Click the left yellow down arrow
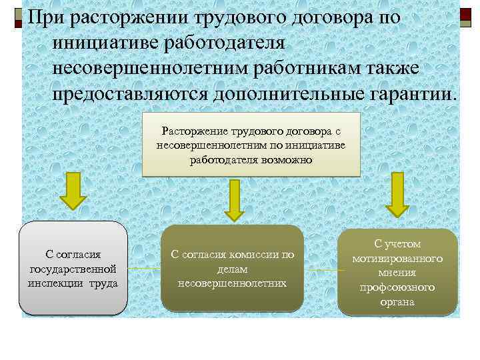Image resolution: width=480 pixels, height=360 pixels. (x=74, y=193)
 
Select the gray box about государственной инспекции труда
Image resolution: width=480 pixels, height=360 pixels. (x=73, y=268)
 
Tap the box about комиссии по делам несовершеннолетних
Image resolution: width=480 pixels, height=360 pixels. (x=233, y=269)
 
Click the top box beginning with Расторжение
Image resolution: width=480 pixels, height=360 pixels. (x=251, y=144)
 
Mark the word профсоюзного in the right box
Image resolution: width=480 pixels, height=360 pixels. (x=397, y=287)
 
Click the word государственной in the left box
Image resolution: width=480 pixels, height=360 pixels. (x=73, y=268)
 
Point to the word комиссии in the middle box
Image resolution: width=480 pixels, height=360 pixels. (x=256, y=254)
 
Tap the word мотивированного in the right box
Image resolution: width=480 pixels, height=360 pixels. (x=397, y=258)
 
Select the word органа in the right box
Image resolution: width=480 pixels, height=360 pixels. (x=397, y=302)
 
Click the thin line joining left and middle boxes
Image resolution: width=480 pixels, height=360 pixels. (x=145, y=269)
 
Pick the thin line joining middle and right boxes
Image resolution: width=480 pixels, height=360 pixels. (x=321, y=271)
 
